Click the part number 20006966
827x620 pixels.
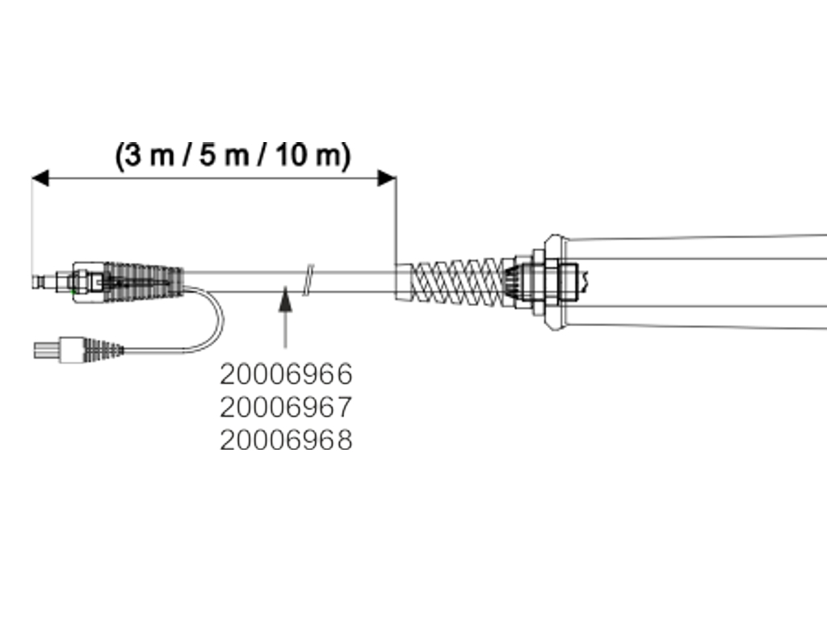[x=287, y=374]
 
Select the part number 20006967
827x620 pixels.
[x=287, y=407]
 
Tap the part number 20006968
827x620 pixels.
[x=287, y=440]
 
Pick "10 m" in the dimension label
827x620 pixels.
[x=302, y=155]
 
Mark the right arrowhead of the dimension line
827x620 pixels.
[x=387, y=178]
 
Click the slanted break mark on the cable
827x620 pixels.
[x=308, y=279]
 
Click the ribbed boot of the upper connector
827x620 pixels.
[x=145, y=282]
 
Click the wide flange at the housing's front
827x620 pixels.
[x=552, y=283]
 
